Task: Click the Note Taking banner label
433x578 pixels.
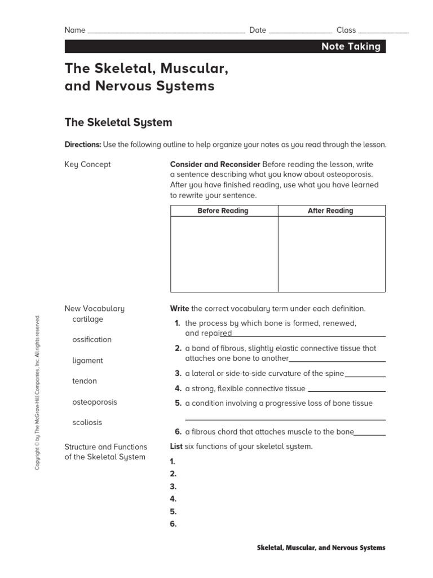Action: (351, 47)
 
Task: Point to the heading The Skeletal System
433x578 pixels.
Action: (118, 122)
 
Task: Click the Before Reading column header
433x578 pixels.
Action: (223, 211)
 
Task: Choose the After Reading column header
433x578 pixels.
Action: (330, 211)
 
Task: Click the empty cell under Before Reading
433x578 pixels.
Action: (224, 254)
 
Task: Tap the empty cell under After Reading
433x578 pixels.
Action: (332, 254)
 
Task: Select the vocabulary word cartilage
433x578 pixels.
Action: (87, 319)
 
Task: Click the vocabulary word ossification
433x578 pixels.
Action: (91, 340)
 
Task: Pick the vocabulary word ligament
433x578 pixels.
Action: (87, 361)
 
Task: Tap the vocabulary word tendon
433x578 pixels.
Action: (85, 381)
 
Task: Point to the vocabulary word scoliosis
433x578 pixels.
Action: (87, 422)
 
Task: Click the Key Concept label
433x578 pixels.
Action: (87, 164)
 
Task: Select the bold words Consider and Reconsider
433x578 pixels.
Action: (215, 164)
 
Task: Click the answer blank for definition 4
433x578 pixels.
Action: (347, 389)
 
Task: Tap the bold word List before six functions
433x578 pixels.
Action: (176, 446)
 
